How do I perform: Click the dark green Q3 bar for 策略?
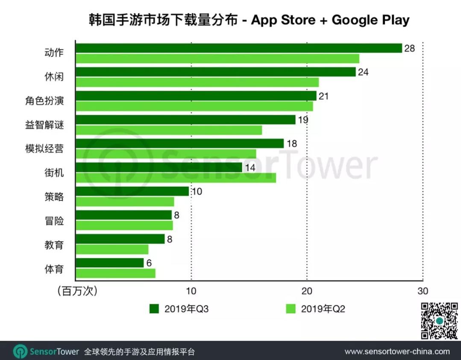coord(132,191)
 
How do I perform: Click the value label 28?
coord(409,48)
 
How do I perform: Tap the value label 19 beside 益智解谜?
coord(302,120)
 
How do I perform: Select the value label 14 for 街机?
coord(250,168)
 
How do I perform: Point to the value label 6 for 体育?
coord(149,263)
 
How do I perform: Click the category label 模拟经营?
coord(44,149)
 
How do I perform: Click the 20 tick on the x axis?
coord(306,291)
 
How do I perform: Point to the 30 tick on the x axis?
coord(422,291)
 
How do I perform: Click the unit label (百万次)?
coord(77,291)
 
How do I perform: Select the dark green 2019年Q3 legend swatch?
coord(154,309)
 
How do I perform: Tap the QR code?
coord(439,320)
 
